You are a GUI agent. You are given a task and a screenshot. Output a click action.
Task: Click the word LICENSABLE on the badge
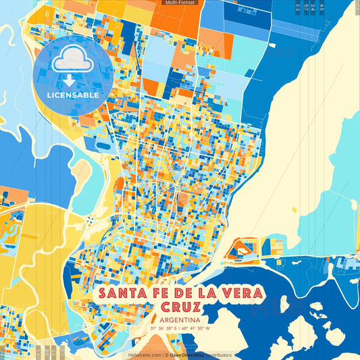[73, 95]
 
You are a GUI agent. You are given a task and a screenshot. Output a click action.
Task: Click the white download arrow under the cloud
[70, 80]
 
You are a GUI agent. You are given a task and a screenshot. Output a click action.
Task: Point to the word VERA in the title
[231, 294]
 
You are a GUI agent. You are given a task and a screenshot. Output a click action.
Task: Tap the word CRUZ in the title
[179, 307]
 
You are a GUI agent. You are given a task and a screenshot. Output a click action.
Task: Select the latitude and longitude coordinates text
[180, 329]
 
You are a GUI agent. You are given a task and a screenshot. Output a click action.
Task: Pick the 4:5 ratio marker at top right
[322, 7]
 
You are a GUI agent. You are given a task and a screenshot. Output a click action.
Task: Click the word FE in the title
[154, 294]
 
